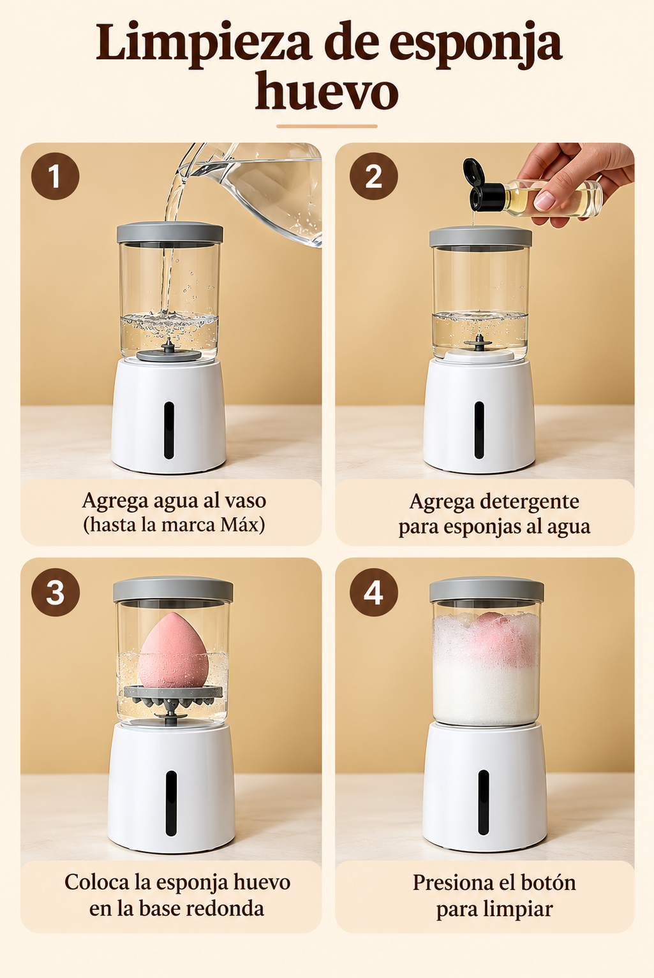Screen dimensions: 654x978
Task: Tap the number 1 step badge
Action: (55, 177)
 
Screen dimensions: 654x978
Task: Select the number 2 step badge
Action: (373, 177)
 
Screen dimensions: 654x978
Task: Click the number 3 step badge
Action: (56, 592)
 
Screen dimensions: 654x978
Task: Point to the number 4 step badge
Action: (373, 592)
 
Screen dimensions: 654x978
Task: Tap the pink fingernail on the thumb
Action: (544, 200)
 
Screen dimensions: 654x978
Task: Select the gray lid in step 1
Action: (170, 232)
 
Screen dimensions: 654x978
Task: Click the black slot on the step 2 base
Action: (479, 430)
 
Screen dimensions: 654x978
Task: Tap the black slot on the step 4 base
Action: (484, 803)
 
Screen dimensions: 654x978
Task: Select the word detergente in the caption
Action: (530, 502)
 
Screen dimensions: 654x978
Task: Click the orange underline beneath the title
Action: (327, 126)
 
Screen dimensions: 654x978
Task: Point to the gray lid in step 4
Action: (487, 590)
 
